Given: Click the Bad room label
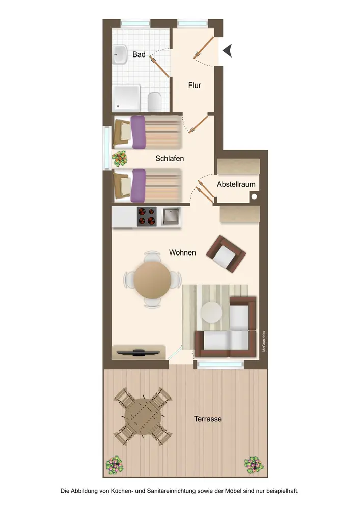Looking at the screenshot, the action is click(139, 54).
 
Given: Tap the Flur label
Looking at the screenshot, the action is click(195, 86).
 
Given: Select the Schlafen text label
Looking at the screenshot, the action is click(170, 158).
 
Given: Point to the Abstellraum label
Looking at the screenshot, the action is click(236, 184).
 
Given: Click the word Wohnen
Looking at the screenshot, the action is click(182, 252).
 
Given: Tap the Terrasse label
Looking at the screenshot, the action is click(208, 419).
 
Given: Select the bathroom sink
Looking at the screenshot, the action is click(120, 54).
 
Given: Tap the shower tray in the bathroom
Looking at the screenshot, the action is click(126, 98).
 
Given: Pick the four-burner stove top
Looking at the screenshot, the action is click(147, 216).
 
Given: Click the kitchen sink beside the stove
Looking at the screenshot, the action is click(171, 216).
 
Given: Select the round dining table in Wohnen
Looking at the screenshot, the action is click(152, 279).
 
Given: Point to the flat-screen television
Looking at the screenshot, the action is click(139, 352).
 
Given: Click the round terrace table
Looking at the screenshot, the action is click(143, 416).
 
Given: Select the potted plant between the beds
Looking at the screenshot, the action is click(120, 158).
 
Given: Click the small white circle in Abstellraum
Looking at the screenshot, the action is click(254, 196).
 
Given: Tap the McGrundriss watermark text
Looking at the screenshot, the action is click(264, 341).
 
